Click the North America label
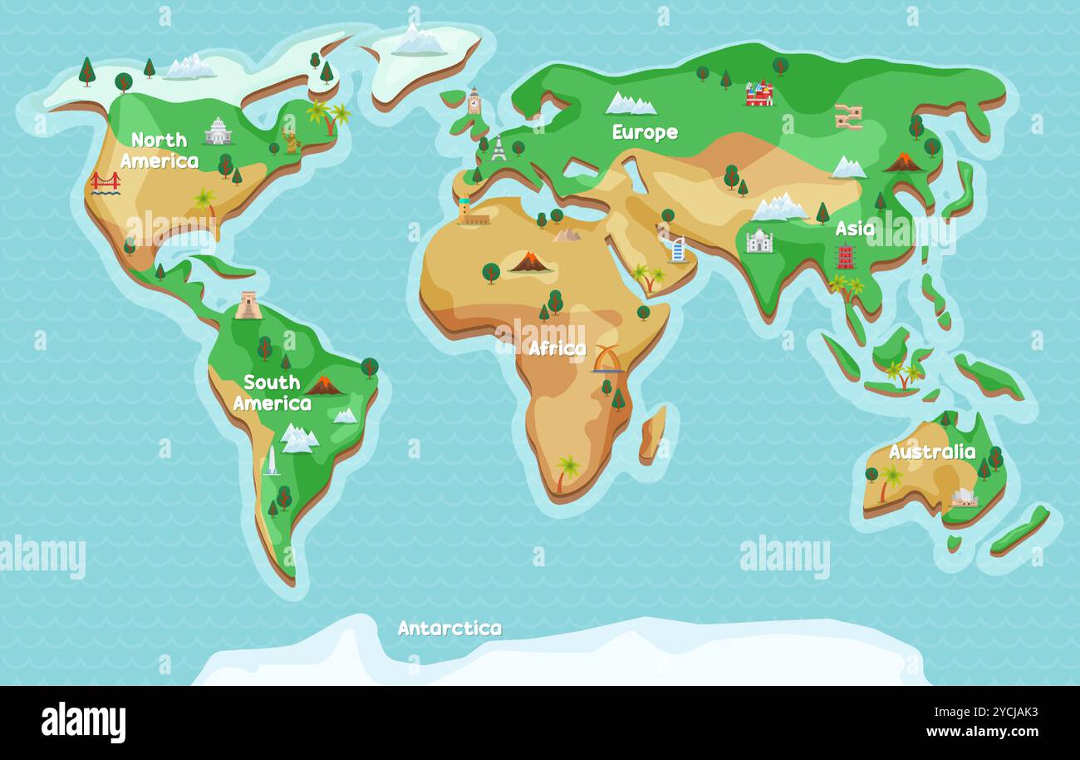click(160, 151)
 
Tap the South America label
click(272, 392)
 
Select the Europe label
click(645, 132)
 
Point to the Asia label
click(854, 229)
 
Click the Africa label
click(557, 348)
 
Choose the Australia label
click(931, 452)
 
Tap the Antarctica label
click(449, 628)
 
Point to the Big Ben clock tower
click(474, 101)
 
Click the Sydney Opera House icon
click(964, 497)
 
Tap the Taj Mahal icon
click(758, 241)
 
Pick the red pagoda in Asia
click(845, 257)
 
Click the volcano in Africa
click(529, 263)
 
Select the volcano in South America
click(324, 385)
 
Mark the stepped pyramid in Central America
click(248, 305)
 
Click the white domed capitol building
click(218, 131)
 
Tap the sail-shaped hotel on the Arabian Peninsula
click(677, 249)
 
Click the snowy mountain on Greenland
click(418, 41)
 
